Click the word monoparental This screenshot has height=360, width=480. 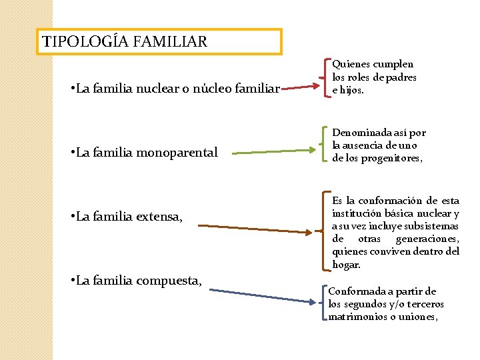[x=177, y=153]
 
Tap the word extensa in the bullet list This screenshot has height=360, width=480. [x=160, y=216]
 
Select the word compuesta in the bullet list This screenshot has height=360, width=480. [x=169, y=280]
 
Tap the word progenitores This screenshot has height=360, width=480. [x=393, y=158]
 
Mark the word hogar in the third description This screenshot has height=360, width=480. [x=346, y=264]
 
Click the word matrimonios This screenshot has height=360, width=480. [x=355, y=317]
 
